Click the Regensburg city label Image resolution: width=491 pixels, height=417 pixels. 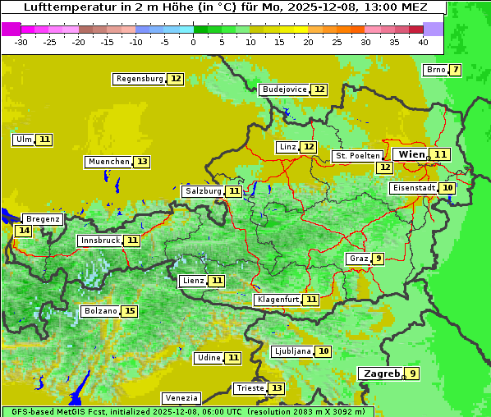139,79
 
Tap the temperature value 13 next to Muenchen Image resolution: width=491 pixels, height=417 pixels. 142,162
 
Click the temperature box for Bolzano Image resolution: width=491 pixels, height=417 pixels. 130,311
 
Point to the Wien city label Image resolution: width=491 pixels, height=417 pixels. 411,154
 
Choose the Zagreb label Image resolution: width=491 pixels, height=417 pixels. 381,373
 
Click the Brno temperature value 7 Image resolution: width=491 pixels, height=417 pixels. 455,70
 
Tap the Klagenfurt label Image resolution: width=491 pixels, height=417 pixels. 277,300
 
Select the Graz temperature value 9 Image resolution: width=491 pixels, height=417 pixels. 378,259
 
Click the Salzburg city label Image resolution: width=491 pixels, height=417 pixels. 203,191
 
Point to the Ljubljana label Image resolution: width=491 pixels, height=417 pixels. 291,351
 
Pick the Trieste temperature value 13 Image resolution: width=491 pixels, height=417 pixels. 277,388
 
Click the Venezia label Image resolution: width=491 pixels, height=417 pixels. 181,398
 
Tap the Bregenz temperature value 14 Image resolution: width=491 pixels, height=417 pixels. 23,231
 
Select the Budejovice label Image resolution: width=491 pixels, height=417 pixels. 284,89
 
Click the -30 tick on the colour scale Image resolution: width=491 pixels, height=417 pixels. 21,41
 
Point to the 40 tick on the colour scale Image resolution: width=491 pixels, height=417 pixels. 423,41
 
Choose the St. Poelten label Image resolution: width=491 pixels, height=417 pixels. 357,156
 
